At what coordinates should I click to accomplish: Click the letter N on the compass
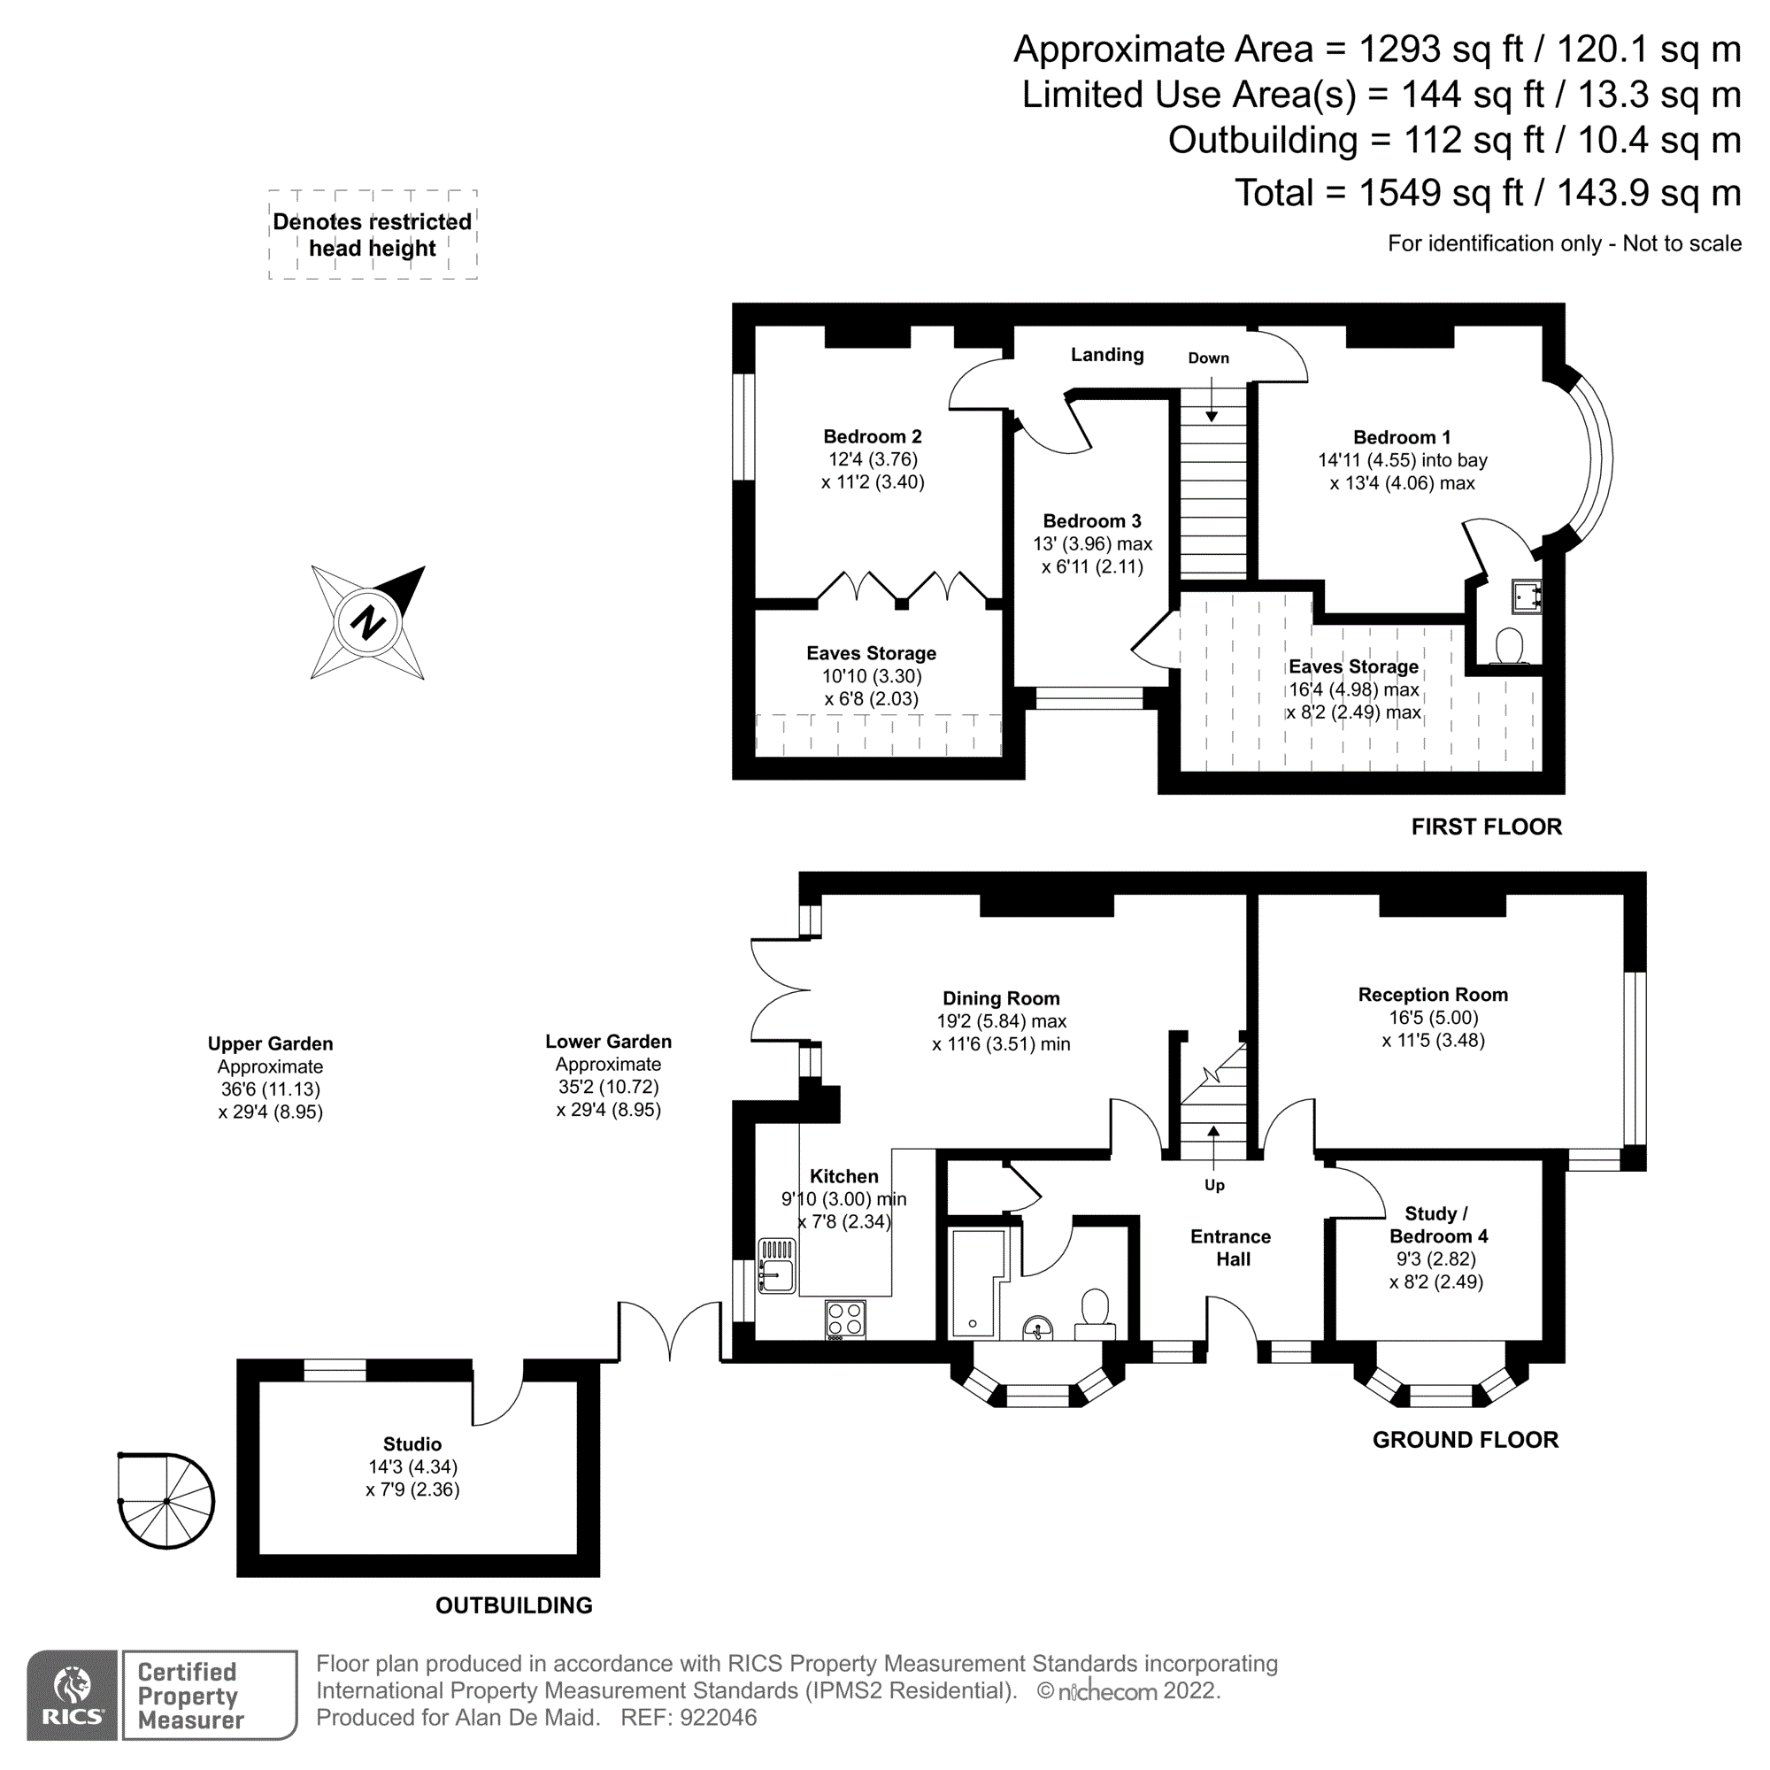367,622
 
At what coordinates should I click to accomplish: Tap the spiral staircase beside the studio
166,1501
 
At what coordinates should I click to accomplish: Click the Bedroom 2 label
873,437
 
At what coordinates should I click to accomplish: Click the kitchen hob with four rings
844,1320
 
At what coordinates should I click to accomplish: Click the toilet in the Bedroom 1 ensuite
1509,645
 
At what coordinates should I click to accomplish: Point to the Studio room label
412,1443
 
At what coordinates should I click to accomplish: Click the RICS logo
73,1696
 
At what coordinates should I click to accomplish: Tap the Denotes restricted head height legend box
373,235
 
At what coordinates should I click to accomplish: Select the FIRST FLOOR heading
1486,827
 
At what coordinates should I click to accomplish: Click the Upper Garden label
270,1043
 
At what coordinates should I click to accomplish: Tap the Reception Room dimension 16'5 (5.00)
1433,1017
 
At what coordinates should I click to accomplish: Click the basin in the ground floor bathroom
1038,1327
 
